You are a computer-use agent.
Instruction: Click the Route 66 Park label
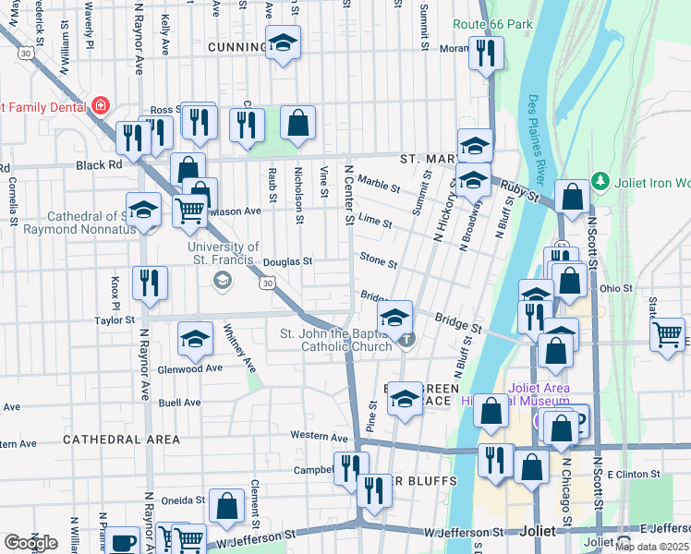[x=495, y=23]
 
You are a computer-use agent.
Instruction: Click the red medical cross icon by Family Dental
[x=100, y=106]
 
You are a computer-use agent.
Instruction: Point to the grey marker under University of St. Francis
[x=222, y=283]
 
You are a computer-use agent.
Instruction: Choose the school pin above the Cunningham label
[x=283, y=42]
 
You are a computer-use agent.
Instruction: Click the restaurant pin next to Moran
[x=485, y=53]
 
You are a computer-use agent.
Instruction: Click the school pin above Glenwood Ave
[x=195, y=340]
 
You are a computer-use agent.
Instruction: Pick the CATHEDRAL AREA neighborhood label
[x=121, y=440]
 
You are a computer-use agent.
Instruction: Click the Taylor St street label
[x=115, y=320]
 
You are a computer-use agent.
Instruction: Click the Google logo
[x=30, y=543]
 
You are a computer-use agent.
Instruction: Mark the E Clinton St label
[x=634, y=474]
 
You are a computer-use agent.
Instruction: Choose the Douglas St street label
[x=287, y=261]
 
